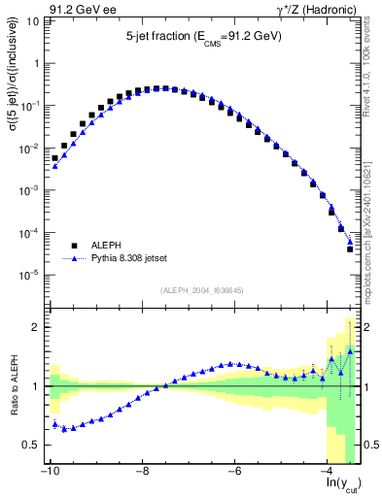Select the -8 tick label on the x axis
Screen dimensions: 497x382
[142, 472]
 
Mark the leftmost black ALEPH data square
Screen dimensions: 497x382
[55, 157]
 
